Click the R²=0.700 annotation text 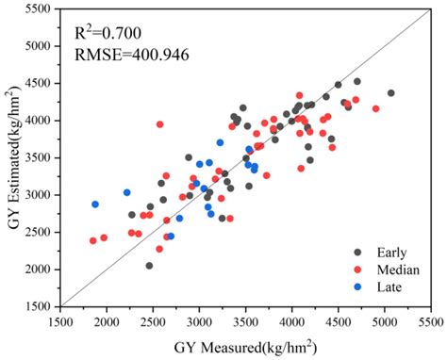point(109,34)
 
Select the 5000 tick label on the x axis point(385,321)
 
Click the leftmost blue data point point(95,205)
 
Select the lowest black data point point(149,266)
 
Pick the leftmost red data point point(93,241)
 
